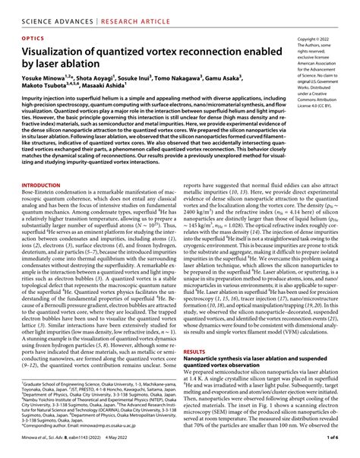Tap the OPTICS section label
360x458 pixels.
point(26,36)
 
